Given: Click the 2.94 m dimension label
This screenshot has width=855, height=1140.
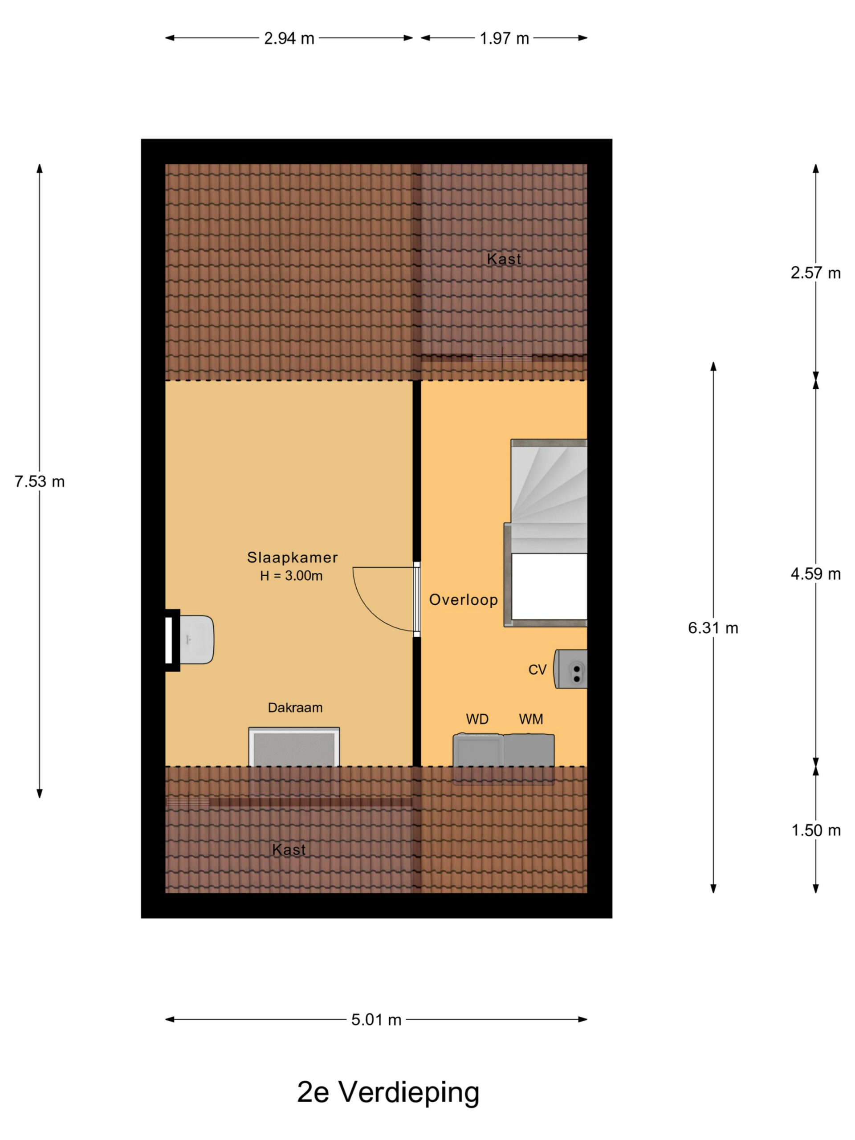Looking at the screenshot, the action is point(289,39).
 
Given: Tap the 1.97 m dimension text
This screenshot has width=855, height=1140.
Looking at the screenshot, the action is point(504,39).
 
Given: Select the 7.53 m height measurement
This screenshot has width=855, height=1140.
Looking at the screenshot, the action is point(40,481).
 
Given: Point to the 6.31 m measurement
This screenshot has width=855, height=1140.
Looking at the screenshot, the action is point(713,628).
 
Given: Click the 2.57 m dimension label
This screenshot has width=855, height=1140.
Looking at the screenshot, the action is point(815,273).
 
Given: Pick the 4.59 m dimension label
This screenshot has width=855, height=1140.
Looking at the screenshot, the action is point(815,574).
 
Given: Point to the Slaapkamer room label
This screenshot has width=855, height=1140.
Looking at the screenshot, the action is point(292,557).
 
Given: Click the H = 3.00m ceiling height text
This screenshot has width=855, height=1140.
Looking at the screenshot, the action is point(291,576).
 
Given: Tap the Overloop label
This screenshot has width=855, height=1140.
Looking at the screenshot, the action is point(463,599).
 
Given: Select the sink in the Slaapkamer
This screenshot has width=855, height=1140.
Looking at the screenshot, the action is point(196,639).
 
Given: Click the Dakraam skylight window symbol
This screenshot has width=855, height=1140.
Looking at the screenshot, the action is point(294,747).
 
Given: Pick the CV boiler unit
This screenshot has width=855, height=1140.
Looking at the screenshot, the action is point(570,669).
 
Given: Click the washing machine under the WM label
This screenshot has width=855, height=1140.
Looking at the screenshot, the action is point(529,750).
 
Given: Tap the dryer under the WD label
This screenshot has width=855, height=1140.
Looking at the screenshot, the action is point(478,750).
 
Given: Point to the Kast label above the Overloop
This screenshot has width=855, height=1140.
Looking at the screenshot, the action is point(504,259).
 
